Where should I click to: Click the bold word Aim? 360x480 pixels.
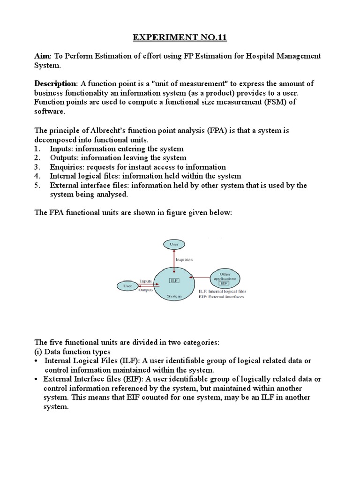pyautogui.click(x=43, y=56)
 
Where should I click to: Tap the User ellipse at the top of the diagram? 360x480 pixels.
pyautogui.click(x=174, y=245)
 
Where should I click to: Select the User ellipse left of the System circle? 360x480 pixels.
pyautogui.click(x=127, y=285)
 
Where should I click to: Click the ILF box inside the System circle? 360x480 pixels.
pyautogui.click(x=174, y=280)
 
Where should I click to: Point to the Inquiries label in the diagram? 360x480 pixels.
pyautogui.click(x=184, y=259)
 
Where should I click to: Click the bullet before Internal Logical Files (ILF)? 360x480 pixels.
pyautogui.click(x=37, y=361)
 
